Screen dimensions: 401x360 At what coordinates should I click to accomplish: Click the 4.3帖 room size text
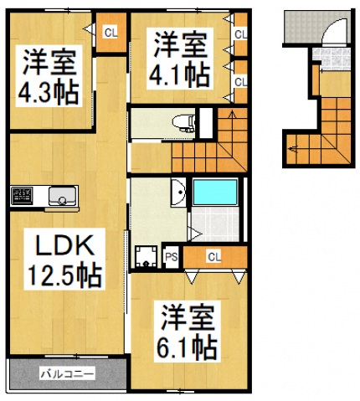coord(50,90)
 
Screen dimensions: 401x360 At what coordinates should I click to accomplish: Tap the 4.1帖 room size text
coord(179,74)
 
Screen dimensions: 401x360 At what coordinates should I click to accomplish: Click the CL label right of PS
coord(213,256)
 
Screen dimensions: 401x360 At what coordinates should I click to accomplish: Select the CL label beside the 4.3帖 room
coord(110,33)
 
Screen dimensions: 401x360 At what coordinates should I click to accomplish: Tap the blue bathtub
coord(215,193)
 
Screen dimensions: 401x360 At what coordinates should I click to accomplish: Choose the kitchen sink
coord(60,198)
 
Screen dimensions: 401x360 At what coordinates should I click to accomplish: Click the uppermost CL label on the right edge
coord(239,34)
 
